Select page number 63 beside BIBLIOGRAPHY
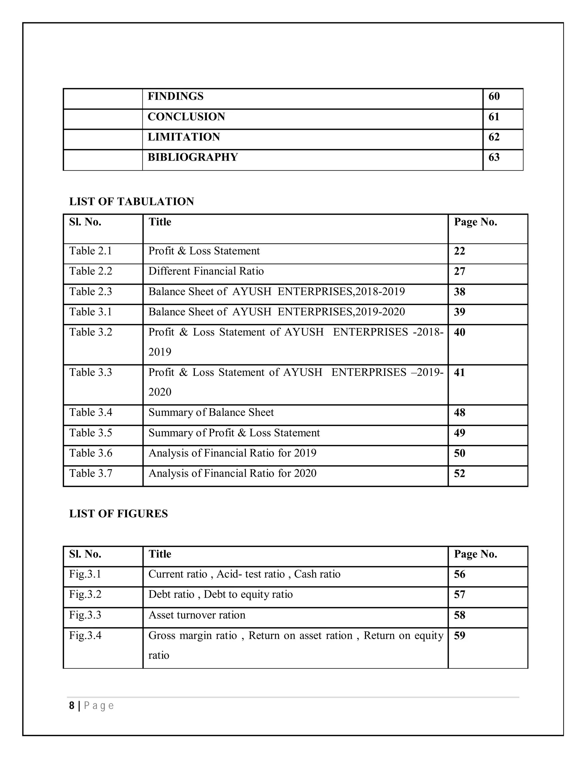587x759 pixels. pos(494,158)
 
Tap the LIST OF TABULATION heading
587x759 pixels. pos(132,202)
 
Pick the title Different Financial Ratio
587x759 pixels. pos(206,271)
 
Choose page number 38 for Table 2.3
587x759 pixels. pos(459,292)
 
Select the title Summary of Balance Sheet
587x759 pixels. pos(211,412)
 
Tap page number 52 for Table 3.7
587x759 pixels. pos(459,473)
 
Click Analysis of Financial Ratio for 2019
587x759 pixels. pos(232,453)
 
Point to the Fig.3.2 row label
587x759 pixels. pos(85,595)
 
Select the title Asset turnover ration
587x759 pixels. pos(197,615)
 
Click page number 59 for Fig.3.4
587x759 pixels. pos(459,636)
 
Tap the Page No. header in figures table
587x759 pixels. pos(476,554)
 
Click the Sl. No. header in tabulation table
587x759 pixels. pos(85,222)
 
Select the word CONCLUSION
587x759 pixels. pos(186,117)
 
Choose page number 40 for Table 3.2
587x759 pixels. pos(459,332)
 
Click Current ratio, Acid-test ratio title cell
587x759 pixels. pos(244,574)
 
